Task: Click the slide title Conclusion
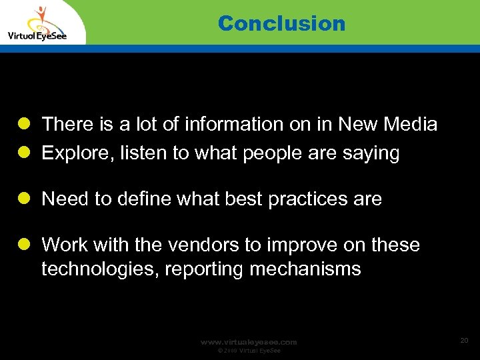pos(281,23)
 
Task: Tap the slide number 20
pos(464,341)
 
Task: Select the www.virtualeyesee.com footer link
pos(249,342)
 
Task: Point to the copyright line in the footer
pos(249,351)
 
